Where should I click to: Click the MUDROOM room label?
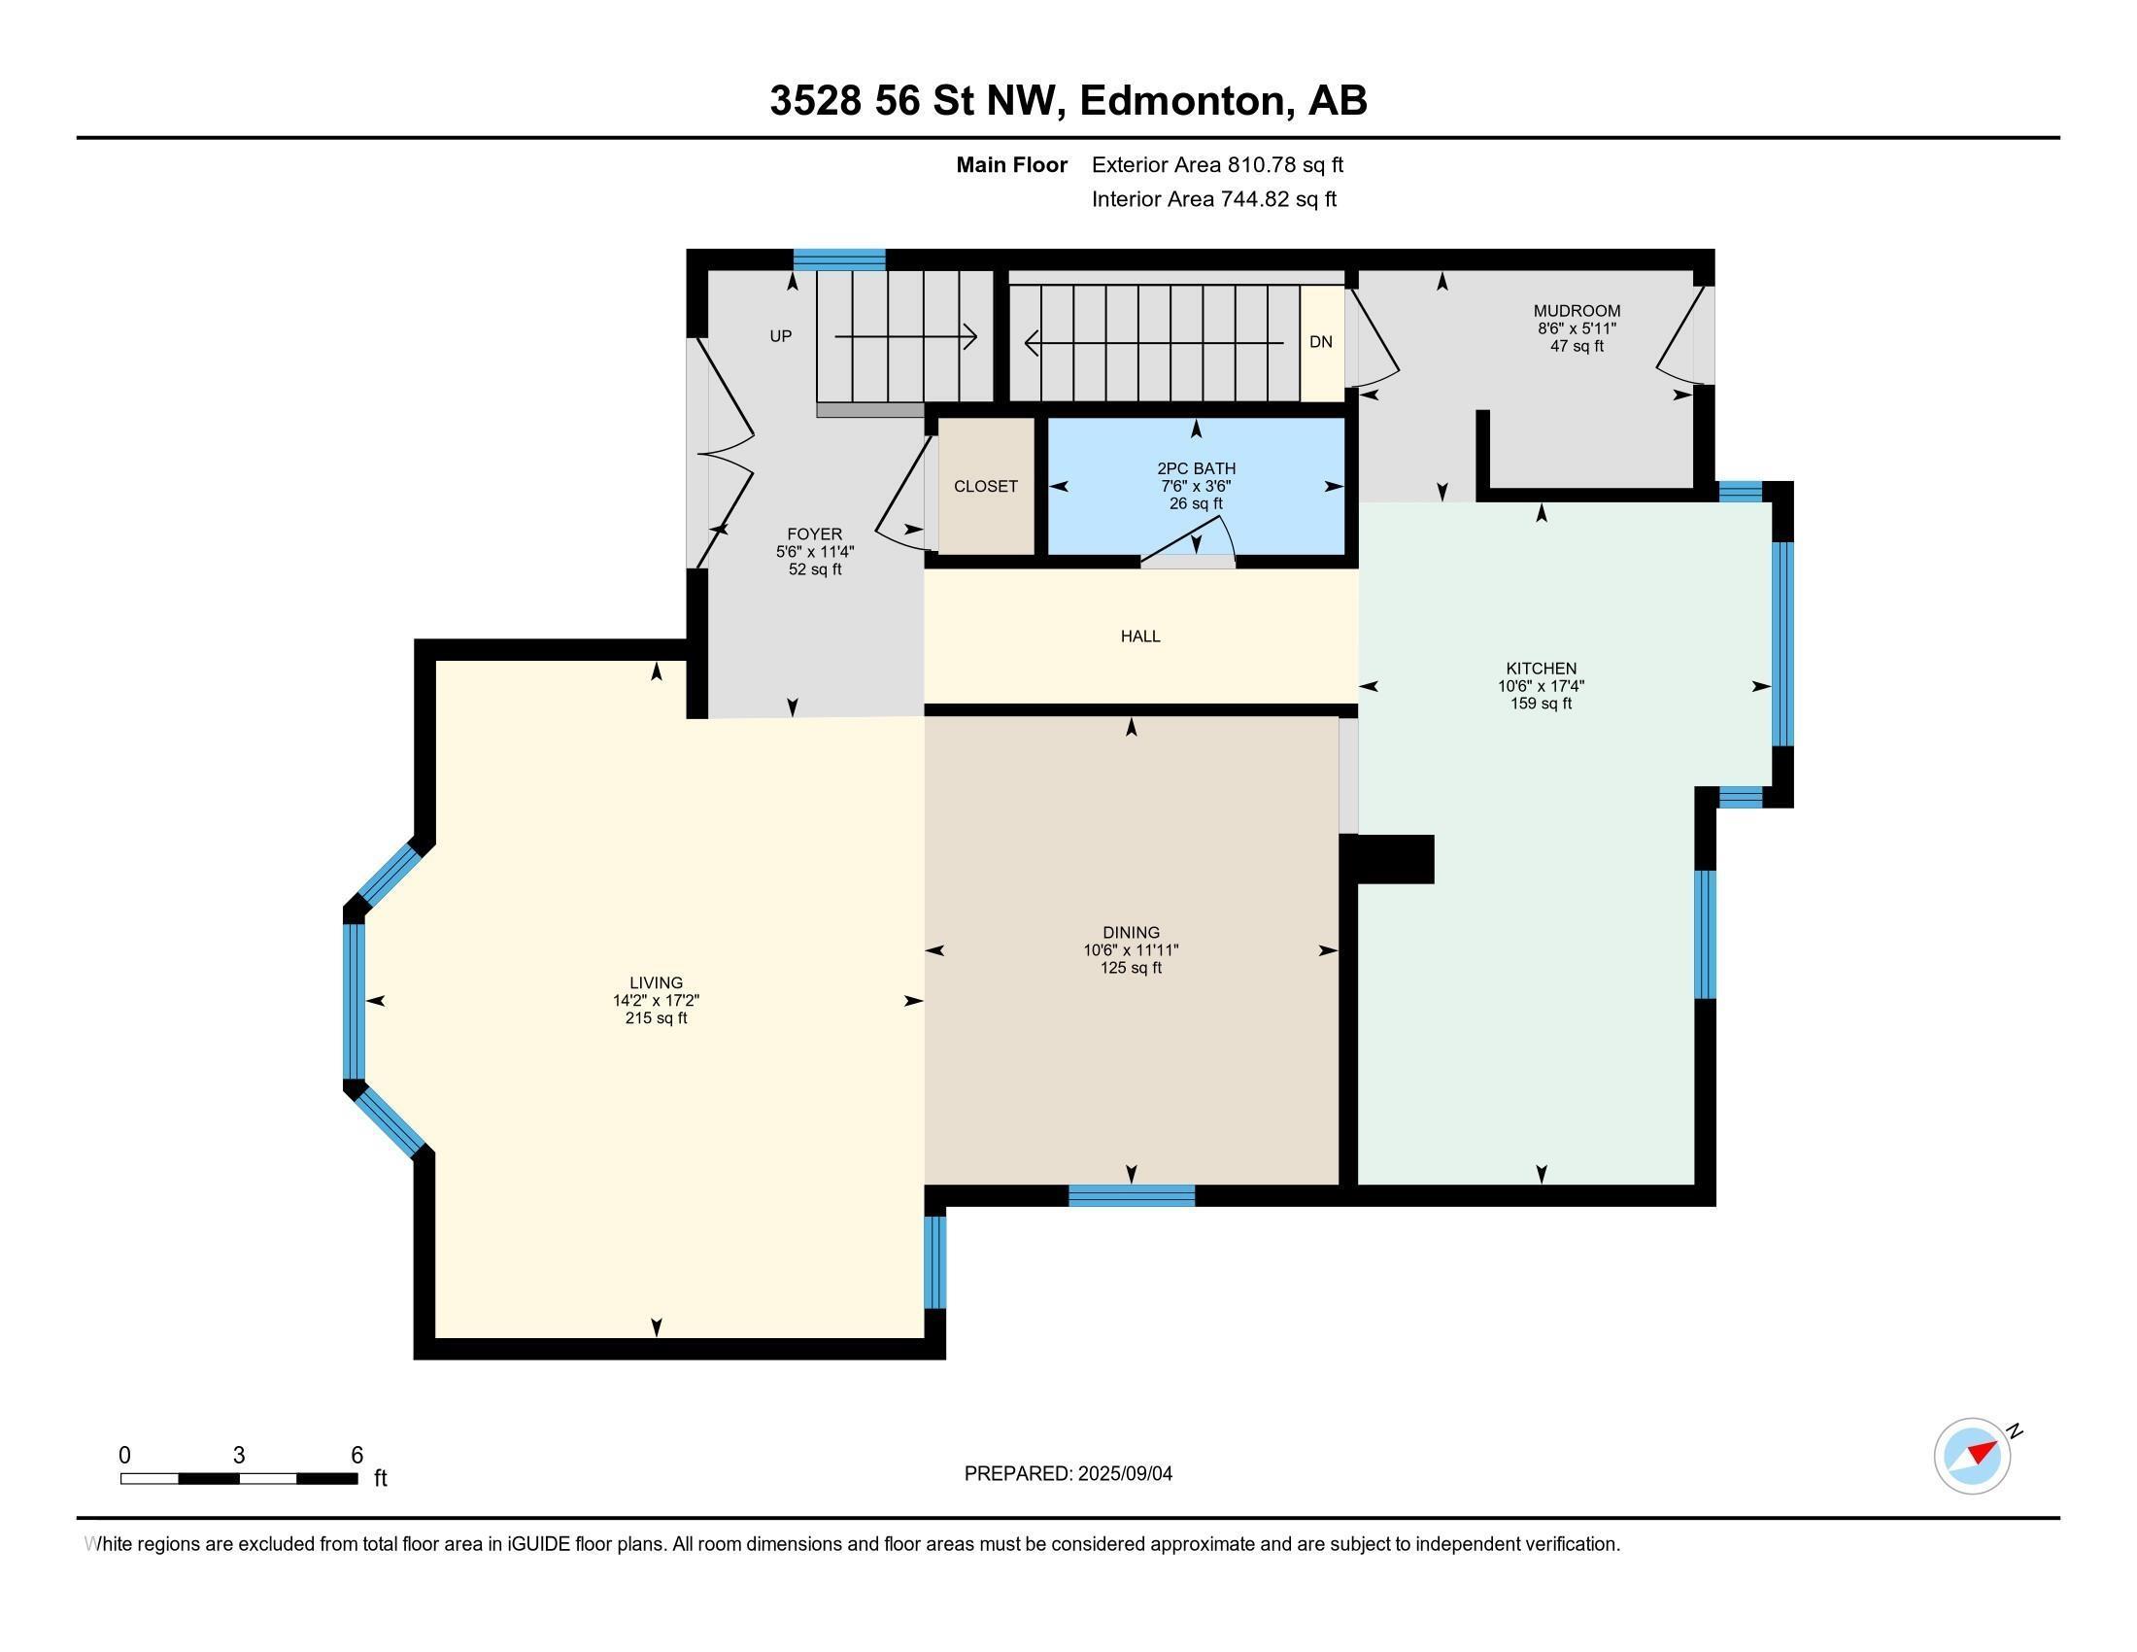[1577, 311]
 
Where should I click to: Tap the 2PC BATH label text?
[1196, 468]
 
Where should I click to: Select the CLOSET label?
[985, 487]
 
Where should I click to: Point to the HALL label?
[1140, 637]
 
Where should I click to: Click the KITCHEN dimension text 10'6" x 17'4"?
[1541, 686]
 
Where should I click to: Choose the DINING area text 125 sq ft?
[1130, 968]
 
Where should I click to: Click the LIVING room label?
[656, 982]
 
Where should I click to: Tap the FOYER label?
[814, 534]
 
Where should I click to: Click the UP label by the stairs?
[780, 336]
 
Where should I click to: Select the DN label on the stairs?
[1320, 341]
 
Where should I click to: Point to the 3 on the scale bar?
[239, 1456]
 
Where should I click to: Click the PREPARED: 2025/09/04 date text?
[1068, 1474]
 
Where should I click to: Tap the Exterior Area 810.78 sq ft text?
[1217, 165]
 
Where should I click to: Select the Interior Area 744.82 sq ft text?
[1213, 199]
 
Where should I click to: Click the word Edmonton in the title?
[1182, 101]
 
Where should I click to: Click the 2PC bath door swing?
[1199, 546]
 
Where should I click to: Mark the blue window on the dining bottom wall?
[1131, 1195]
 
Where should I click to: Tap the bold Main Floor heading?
[1011, 165]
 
